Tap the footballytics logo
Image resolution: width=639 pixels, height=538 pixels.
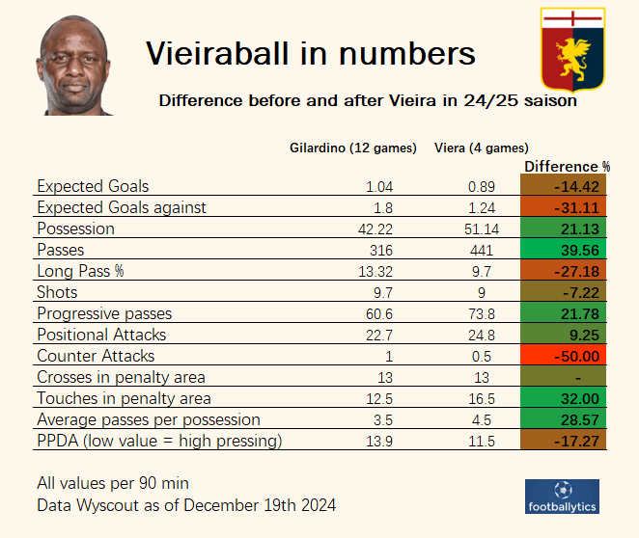point(562,497)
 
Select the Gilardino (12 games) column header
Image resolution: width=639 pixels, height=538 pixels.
point(353,148)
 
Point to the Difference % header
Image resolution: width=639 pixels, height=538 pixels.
point(568,166)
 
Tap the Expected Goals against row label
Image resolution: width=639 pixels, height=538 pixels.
point(122,207)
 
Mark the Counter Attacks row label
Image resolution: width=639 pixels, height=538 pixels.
point(96,356)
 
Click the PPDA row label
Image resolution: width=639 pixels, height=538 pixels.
point(159,441)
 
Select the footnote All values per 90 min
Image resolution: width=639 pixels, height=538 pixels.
point(112,483)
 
